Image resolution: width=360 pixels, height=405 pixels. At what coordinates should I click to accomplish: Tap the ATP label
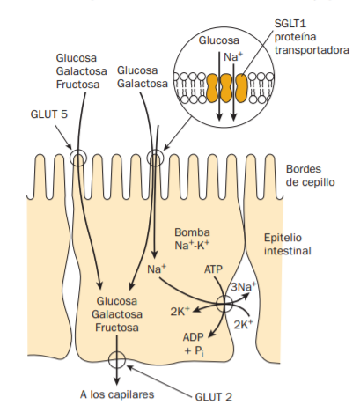(215, 268)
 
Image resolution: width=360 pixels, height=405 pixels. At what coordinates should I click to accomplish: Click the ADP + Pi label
(195, 344)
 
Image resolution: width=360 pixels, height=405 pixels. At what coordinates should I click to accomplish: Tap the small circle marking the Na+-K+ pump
(224, 304)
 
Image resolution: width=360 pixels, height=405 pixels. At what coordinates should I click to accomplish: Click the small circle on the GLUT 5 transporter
(78, 159)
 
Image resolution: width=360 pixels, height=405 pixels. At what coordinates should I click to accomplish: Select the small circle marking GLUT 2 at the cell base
(115, 359)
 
